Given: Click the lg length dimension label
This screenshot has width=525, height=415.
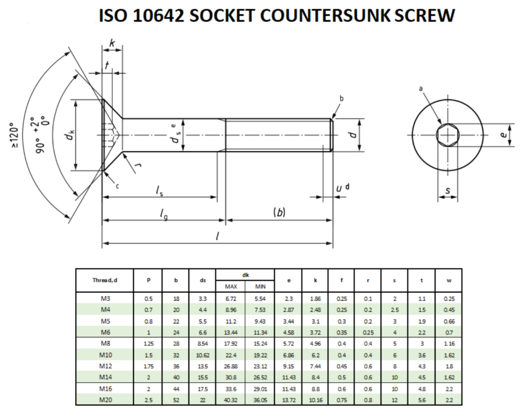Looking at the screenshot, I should coord(164,214).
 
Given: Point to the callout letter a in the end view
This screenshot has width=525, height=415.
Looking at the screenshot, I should coord(421,89).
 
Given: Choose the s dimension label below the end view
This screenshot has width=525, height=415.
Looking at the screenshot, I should coord(448,191).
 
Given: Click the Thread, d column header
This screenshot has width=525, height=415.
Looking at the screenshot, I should coord(105,280).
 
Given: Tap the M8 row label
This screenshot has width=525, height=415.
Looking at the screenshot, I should coord(105,343).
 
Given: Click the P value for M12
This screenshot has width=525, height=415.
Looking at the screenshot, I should coord(148,366).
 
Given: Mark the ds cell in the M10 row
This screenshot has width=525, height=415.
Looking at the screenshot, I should coord(203,354).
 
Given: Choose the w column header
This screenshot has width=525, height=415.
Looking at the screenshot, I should coord(449,280).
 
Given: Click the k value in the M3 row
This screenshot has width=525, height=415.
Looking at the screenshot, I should coord(315,299).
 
